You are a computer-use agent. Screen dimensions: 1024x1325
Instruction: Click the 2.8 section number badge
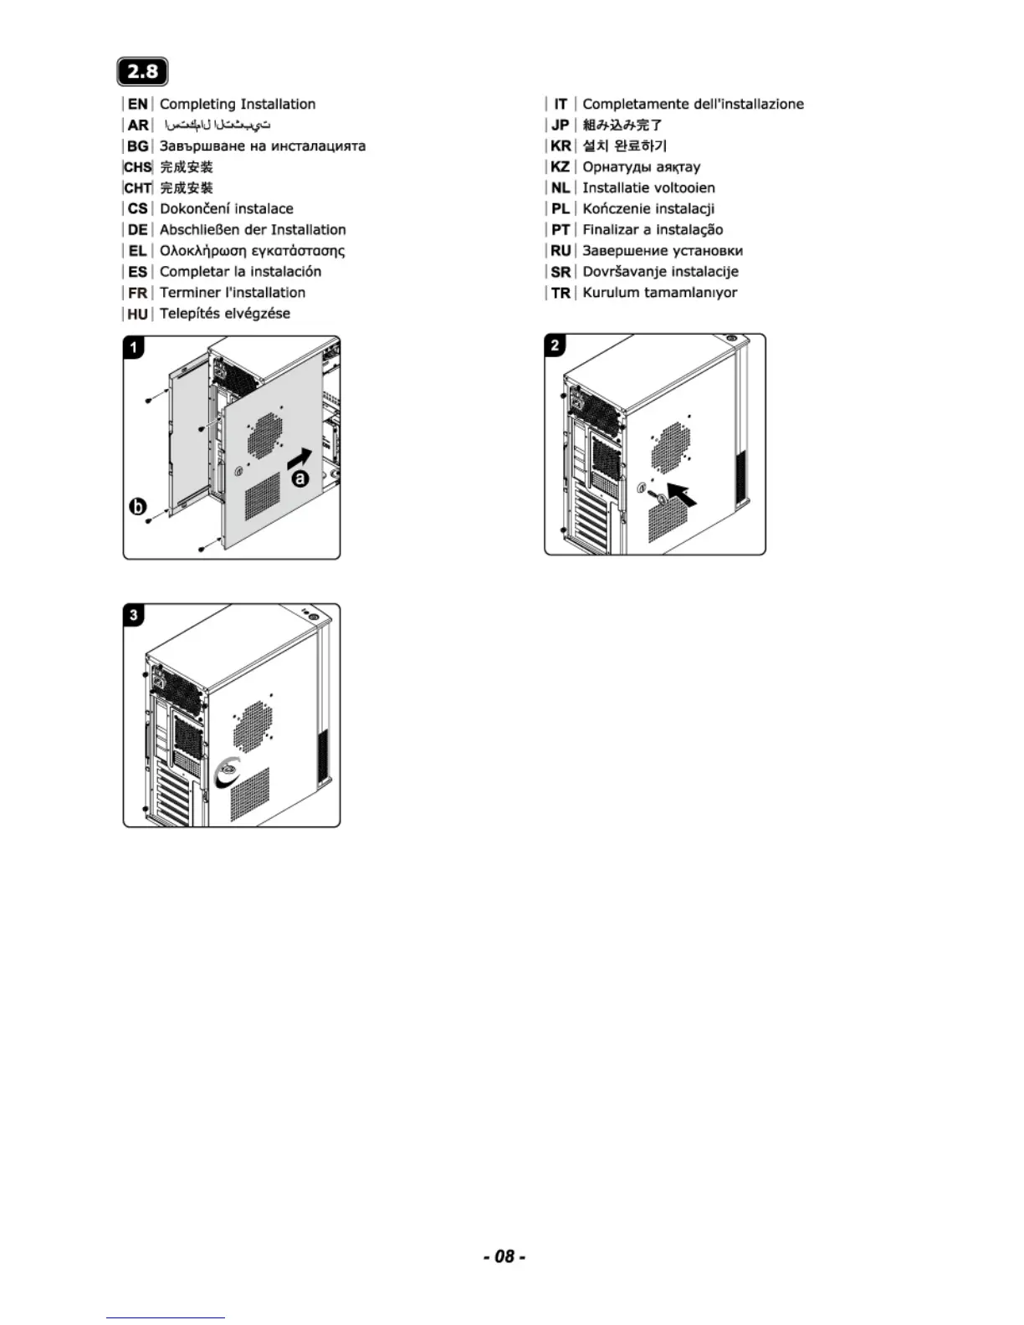pyautogui.click(x=142, y=72)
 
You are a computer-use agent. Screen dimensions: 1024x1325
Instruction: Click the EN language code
pyautogui.click(x=138, y=104)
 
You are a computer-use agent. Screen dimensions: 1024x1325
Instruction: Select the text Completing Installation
pyautogui.click(x=238, y=104)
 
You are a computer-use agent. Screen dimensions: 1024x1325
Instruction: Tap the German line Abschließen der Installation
pyautogui.click(x=253, y=229)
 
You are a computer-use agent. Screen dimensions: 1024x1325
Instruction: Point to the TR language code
pyautogui.click(x=561, y=293)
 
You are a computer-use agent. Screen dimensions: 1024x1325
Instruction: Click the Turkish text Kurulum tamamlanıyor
pyautogui.click(x=659, y=293)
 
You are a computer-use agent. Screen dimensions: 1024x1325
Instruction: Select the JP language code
pyautogui.click(x=561, y=125)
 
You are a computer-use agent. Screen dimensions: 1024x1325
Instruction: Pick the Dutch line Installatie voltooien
pyautogui.click(x=648, y=187)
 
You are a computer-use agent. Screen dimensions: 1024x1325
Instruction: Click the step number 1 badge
pyautogui.click(x=134, y=346)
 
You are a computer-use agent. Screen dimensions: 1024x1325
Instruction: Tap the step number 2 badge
pyautogui.click(x=556, y=345)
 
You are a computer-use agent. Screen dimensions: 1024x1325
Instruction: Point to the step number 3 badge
pyautogui.click(x=134, y=616)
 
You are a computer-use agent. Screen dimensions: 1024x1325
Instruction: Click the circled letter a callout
pyautogui.click(x=300, y=479)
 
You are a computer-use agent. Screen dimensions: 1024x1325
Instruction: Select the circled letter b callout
pyautogui.click(x=137, y=507)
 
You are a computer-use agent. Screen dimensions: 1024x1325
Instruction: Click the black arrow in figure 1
pyautogui.click(x=299, y=458)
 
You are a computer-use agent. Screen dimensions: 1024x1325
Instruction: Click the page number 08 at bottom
pyautogui.click(x=504, y=1256)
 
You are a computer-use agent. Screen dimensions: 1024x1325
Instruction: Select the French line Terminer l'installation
pyautogui.click(x=233, y=293)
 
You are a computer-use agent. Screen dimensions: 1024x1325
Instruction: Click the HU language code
pyautogui.click(x=138, y=314)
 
